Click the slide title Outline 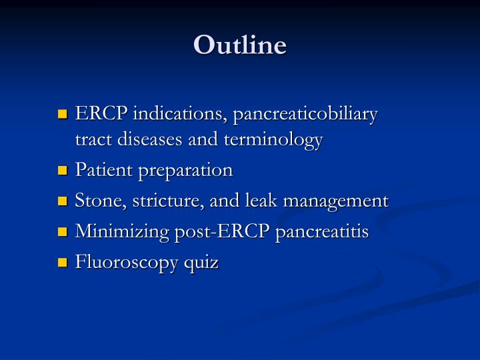tap(240, 45)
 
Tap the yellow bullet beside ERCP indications tap(64, 115)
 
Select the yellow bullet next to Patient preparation tap(64, 171)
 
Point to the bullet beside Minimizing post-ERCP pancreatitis tap(64, 233)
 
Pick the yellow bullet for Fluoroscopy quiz tap(64, 263)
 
